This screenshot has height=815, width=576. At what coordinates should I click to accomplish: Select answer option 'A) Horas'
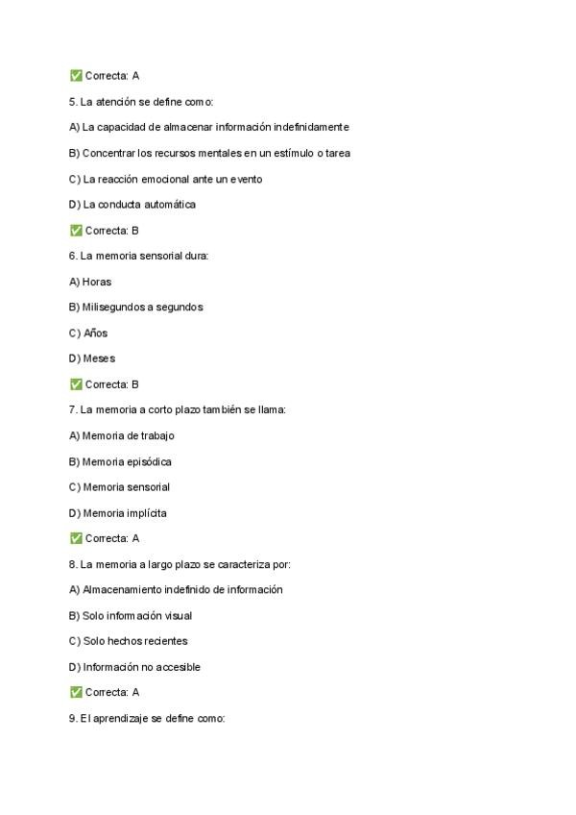90,282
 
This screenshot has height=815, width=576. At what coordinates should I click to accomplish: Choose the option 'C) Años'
88,333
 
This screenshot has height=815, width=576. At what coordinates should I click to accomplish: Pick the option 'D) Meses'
92,358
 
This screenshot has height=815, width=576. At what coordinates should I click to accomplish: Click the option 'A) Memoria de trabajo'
122,436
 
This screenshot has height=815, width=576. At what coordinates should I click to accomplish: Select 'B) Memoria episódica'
120,461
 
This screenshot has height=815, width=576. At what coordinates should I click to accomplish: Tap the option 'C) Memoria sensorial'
120,487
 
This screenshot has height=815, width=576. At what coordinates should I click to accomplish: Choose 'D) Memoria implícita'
118,513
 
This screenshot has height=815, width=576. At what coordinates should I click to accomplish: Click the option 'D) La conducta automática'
132,204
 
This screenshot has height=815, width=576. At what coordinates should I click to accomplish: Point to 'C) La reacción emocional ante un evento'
165,179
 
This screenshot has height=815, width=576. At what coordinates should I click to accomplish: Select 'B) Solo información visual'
132,616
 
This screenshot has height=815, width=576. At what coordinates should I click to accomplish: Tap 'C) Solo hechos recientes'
129,641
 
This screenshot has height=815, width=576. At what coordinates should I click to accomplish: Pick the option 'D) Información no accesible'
134,667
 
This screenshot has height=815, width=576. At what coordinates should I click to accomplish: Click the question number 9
73,718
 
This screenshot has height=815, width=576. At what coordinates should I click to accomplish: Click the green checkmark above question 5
76,75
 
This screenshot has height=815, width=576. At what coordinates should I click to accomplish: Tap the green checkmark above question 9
76,692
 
